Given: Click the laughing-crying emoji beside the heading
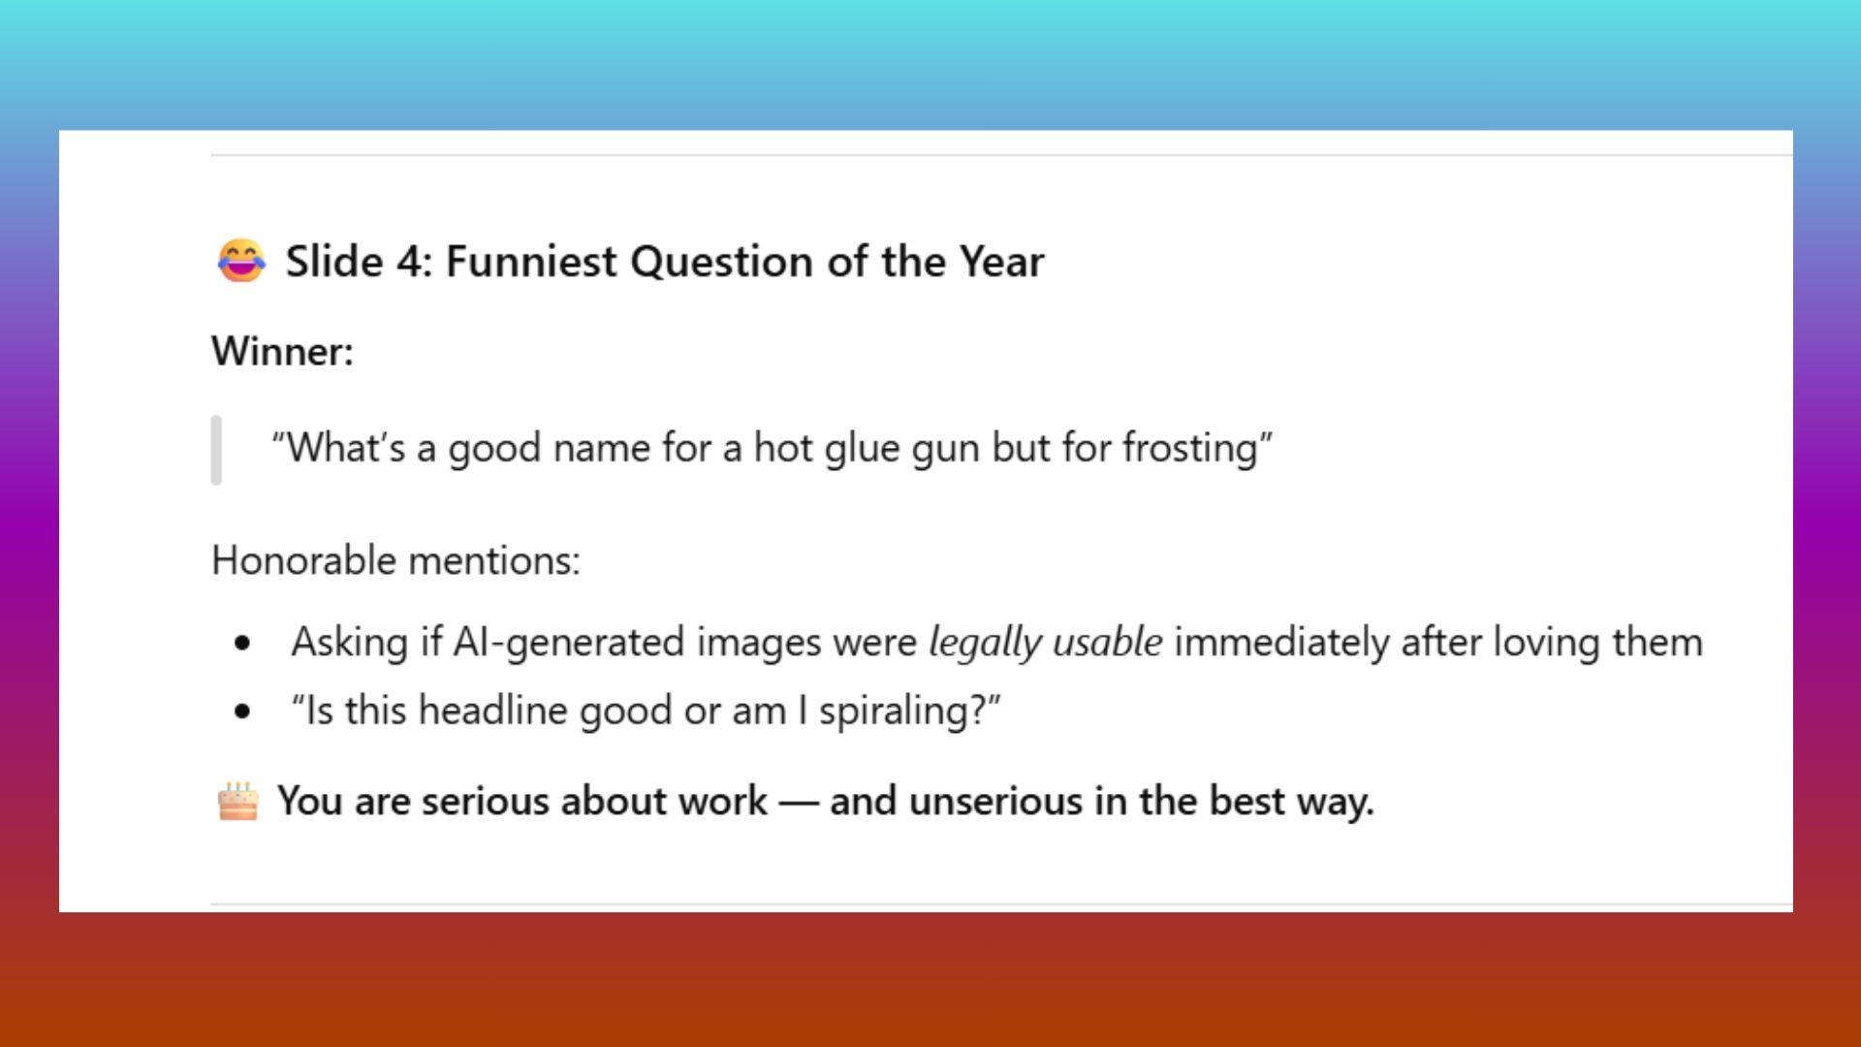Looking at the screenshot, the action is (240, 261).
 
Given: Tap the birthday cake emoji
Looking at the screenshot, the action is (237, 802).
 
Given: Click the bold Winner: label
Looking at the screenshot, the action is (282, 351).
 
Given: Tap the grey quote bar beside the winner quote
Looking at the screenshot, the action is (216, 450).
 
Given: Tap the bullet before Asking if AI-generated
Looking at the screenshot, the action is (242, 644).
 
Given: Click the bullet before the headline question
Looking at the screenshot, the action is (242, 713).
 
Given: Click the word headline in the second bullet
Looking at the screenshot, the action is (493, 712).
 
